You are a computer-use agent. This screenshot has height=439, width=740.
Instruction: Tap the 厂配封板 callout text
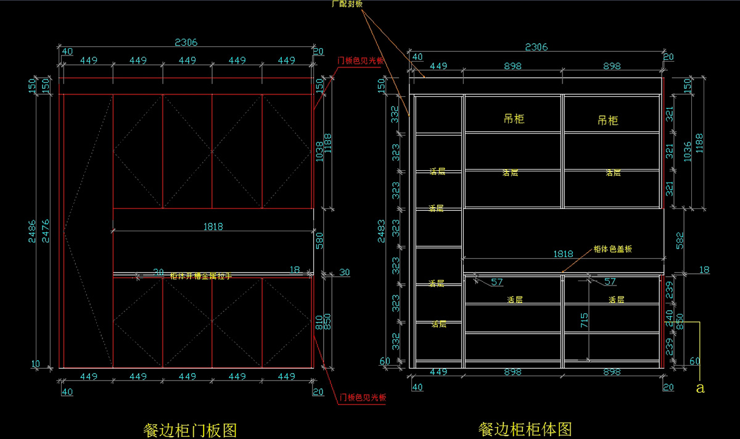point(347,4)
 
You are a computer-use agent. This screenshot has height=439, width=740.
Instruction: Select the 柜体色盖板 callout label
point(612,249)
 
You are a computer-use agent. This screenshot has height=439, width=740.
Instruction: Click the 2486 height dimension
point(32,231)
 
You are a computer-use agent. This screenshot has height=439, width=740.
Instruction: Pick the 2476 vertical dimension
point(45,231)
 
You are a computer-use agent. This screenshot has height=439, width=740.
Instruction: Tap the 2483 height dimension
point(382,231)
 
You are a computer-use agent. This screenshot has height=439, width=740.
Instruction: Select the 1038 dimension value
point(318,151)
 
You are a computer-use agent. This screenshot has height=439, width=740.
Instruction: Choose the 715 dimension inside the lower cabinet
point(584,319)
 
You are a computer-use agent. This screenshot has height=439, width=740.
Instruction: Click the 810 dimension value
point(318,322)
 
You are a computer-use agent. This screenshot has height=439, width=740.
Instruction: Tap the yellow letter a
point(699,388)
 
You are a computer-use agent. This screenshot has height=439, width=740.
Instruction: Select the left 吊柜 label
point(514,118)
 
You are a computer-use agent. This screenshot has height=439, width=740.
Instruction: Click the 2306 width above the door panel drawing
point(186,43)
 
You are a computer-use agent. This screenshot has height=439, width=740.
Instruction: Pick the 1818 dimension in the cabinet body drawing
point(563,253)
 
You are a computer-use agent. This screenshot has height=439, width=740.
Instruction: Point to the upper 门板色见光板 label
point(361,61)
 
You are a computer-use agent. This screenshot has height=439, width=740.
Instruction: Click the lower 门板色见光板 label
point(363,398)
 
